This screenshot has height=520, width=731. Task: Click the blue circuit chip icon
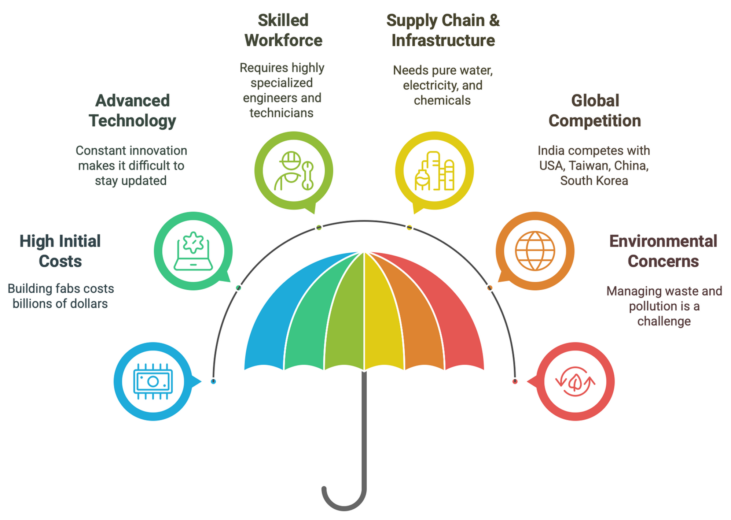(153, 382)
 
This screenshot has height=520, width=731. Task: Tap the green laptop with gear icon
(193, 251)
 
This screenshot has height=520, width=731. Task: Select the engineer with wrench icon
(294, 171)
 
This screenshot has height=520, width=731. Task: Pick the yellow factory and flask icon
(434, 171)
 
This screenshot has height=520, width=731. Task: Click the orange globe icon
(535, 251)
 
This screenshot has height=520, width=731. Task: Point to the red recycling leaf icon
(575, 382)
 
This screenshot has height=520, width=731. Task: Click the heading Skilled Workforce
(283, 30)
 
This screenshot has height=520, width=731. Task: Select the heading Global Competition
(595, 111)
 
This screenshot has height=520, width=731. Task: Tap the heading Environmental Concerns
(663, 251)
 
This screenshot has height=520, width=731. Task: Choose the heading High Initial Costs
(60, 251)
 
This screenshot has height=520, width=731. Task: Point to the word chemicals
(442, 100)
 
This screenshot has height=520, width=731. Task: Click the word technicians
(282, 113)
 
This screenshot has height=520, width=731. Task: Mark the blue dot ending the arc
(213, 382)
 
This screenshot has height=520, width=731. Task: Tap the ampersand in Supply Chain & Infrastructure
(494, 21)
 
